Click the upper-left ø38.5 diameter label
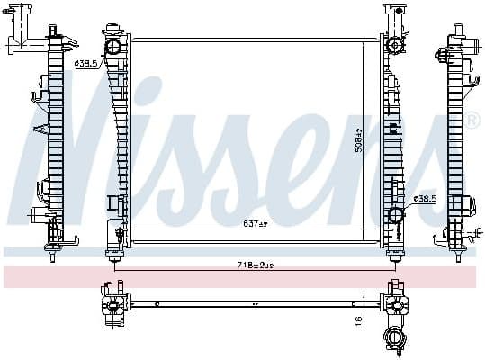[x=85, y=64]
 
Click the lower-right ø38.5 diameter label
[x=425, y=197]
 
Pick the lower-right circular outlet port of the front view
[x=395, y=215]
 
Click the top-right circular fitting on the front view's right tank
[x=394, y=46]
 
